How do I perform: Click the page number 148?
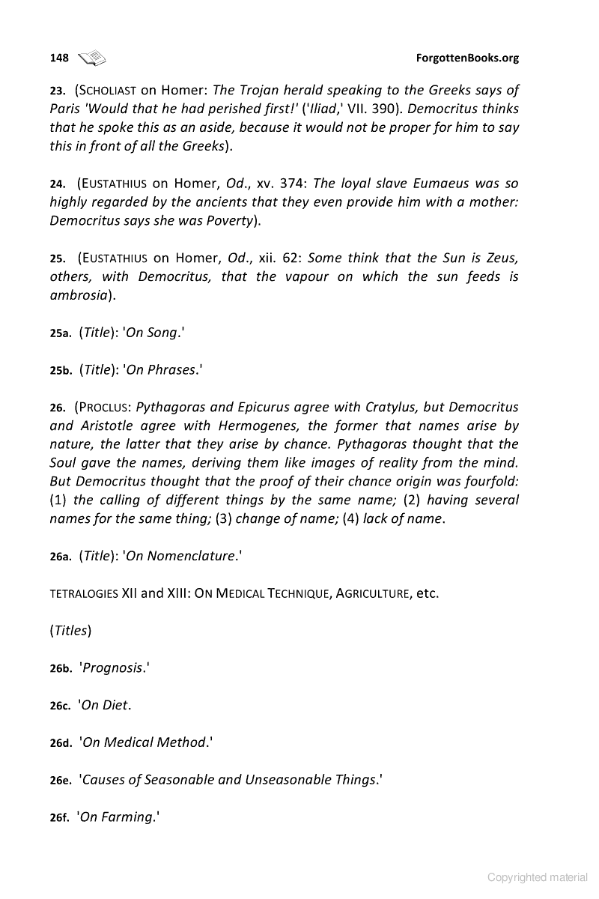(59, 58)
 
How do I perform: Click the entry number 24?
(57, 184)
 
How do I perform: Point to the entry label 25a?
(60, 334)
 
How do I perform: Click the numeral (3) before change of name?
(223, 519)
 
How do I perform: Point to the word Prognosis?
(112, 668)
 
